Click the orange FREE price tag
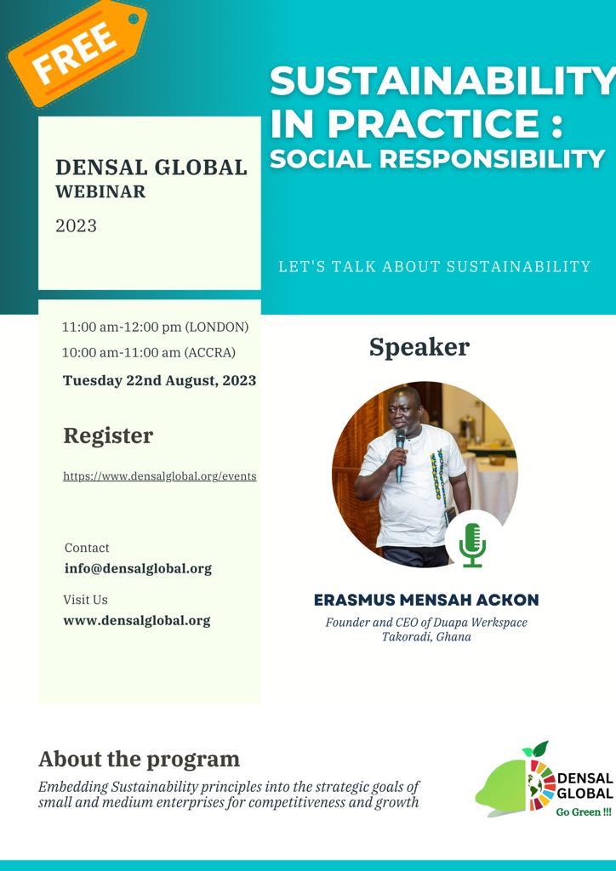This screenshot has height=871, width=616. [77, 52]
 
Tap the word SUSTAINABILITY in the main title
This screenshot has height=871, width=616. [442, 81]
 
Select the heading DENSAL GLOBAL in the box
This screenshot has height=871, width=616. [151, 168]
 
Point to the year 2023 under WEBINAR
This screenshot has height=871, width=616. [76, 226]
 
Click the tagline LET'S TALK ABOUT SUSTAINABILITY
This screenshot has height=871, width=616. [435, 266]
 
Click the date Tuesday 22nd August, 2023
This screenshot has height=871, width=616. [159, 380]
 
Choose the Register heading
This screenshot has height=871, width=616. [108, 436]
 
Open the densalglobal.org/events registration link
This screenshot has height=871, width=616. [160, 476]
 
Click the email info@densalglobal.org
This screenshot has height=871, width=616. [139, 569]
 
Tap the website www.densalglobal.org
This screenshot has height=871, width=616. [137, 620]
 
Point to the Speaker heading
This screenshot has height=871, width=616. [419, 348]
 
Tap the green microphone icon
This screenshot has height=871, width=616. [473, 545]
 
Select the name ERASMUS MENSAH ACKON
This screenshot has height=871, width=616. [426, 600]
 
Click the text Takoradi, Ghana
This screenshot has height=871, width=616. [426, 636]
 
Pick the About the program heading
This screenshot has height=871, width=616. [139, 760]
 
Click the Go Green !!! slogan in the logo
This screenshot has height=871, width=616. [583, 812]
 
